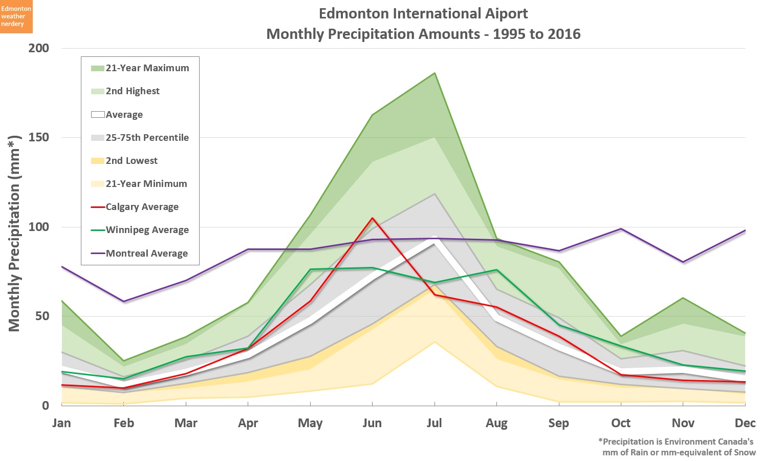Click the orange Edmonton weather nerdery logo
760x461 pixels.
click(16, 16)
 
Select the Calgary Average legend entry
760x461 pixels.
click(142, 207)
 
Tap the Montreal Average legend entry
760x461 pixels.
click(146, 254)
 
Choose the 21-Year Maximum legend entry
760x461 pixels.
click(147, 68)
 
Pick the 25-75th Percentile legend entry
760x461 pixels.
click(147, 138)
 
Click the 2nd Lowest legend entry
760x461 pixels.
click(132, 161)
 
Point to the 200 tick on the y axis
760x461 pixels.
click(39, 48)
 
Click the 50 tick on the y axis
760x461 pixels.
click(42, 316)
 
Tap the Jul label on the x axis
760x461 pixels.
click(434, 423)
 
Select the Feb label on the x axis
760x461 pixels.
click(124, 423)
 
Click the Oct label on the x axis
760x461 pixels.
click(621, 423)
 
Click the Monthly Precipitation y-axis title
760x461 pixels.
click(14, 233)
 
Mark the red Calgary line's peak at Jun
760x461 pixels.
click(373, 218)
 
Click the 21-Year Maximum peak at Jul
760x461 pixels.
click(435, 73)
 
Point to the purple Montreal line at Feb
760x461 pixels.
click(124, 302)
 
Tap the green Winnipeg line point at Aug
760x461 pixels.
click(496, 270)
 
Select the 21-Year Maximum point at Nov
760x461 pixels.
click(683, 298)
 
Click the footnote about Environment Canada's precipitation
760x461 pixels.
click(677, 447)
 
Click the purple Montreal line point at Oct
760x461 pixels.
click(621, 229)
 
